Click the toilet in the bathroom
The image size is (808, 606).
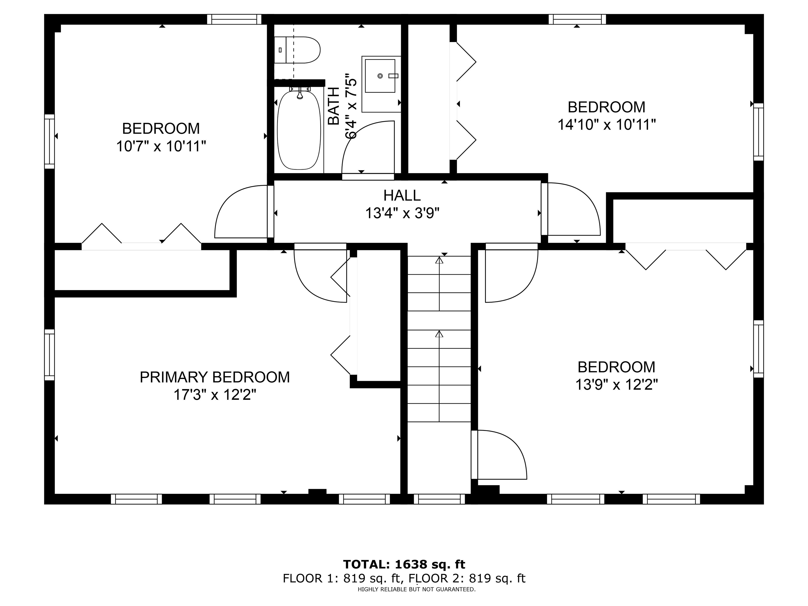[x=298, y=50]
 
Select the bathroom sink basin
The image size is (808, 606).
[x=380, y=75]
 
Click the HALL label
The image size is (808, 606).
[x=402, y=195]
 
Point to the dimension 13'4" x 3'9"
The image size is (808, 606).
[x=402, y=213]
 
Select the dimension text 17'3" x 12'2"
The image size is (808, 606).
[x=215, y=395]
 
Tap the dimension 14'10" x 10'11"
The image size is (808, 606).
[x=606, y=125]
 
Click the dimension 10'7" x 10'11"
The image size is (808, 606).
[x=161, y=147]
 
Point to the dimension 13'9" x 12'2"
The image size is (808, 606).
[x=617, y=385]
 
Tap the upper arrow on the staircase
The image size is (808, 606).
[x=439, y=260]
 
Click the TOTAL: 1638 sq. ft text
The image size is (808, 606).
[x=404, y=564]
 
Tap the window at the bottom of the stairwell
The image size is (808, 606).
[x=439, y=499]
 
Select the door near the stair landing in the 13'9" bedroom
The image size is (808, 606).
[x=501, y=455]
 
